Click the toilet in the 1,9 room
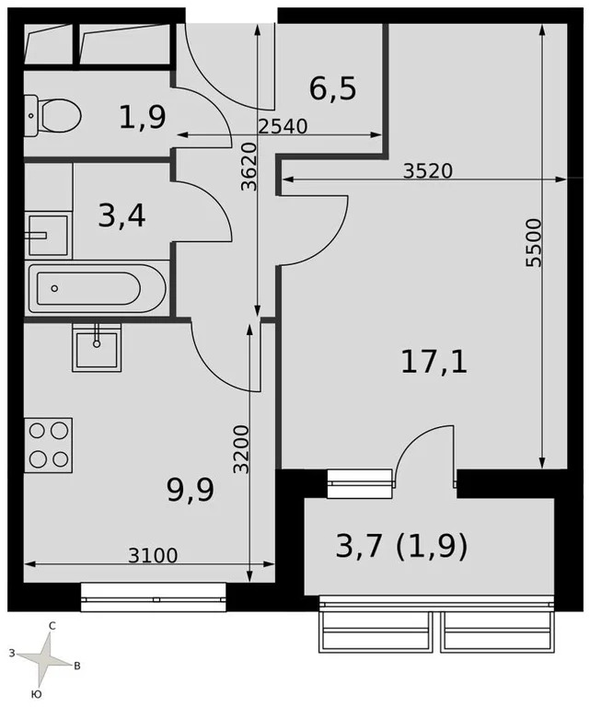pyautogui.click(x=55, y=115)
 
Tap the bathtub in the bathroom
pyautogui.click(x=96, y=289)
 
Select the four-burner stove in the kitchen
pyautogui.click(x=48, y=445)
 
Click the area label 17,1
pyautogui.click(x=434, y=362)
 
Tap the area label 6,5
pyautogui.click(x=332, y=89)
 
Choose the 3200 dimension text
pyautogui.click(x=241, y=448)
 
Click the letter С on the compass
pyautogui.click(x=52, y=626)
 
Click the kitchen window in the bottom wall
pyautogui.click(x=153, y=597)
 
